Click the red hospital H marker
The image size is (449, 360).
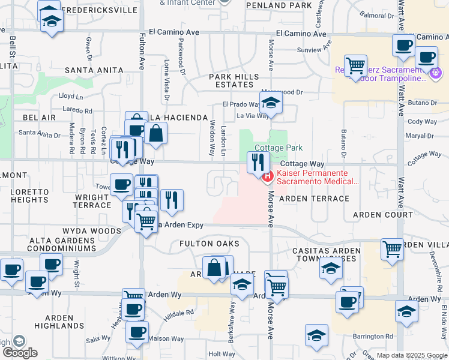coord(268,176)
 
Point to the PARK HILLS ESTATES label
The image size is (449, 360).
coord(234,80)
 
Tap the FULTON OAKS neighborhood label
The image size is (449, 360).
coord(209,244)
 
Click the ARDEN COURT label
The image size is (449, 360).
coord(383,214)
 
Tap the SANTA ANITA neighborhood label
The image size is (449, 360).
coord(94,70)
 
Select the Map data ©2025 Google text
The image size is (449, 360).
coord(411,355)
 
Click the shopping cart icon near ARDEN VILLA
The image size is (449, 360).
coord(392,248)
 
